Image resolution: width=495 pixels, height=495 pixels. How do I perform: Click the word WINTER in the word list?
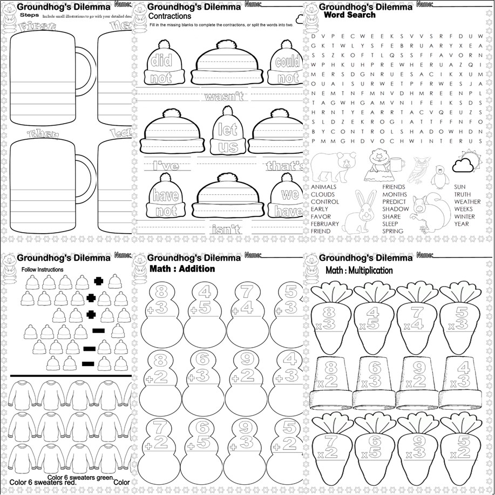[464, 216]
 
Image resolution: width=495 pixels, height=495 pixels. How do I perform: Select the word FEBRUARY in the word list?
[325, 224]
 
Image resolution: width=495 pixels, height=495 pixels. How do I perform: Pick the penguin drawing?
[440, 175]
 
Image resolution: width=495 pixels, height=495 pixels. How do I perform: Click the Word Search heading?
[349, 15]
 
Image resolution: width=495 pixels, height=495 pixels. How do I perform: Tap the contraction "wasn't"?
[224, 97]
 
